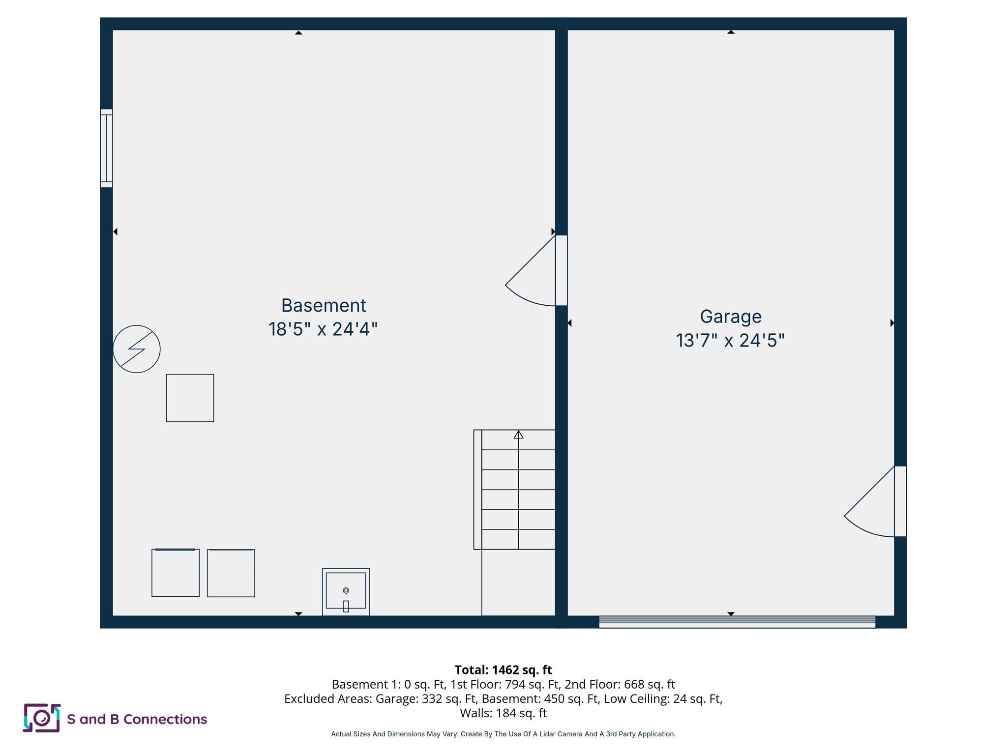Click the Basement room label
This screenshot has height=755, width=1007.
pos(324,306)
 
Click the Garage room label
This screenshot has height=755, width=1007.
pos(731,317)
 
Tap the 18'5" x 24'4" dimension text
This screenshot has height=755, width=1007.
pos(323,329)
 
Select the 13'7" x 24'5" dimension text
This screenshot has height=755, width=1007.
pos(730,341)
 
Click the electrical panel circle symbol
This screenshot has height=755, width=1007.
pos(137,349)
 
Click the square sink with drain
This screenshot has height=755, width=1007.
pos(346,591)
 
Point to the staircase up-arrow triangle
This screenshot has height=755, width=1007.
pos(518,435)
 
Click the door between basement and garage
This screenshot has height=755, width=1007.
pos(561,270)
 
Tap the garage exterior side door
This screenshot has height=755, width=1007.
pos(900,501)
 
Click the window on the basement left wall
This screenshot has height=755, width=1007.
pos(106,148)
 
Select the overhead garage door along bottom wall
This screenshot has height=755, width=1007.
pos(737,622)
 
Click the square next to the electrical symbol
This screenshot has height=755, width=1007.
pos(190,398)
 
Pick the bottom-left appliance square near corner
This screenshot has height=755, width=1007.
pos(176,573)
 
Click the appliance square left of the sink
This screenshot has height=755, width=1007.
pos(231,573)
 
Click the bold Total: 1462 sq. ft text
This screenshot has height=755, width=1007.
pos(503,670)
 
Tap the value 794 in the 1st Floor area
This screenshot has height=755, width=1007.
pos(515,684)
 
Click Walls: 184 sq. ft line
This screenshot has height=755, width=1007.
pos(503,713)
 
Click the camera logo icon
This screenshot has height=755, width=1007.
pos(42,718)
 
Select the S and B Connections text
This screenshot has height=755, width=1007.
pos(137,719)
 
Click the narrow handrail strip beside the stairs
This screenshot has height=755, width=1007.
pos(477,490)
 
